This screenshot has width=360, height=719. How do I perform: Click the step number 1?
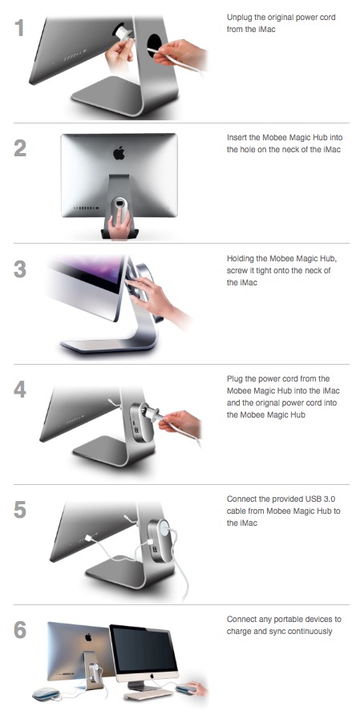pos(19,27)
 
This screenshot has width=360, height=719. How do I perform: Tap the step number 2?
pos(20,147)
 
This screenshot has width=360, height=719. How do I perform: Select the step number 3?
pos(20,269)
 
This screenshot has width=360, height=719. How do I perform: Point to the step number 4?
pos(20,389)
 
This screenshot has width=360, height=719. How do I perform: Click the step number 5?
pos(20,510)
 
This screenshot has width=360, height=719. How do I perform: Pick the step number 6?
pos(20,630)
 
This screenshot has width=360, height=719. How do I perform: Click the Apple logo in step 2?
pos(119,153)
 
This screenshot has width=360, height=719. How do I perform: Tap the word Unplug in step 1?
pos(238,18)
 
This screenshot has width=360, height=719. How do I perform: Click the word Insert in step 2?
pos(237,138)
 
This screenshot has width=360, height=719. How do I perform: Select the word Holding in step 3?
pos(241,259)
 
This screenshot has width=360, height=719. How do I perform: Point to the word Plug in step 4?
pos(234,379)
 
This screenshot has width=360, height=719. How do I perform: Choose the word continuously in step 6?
pos(311,632)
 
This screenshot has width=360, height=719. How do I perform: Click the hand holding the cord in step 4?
pos(180,422)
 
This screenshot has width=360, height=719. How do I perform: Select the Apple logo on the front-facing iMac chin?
pos(151,676)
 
